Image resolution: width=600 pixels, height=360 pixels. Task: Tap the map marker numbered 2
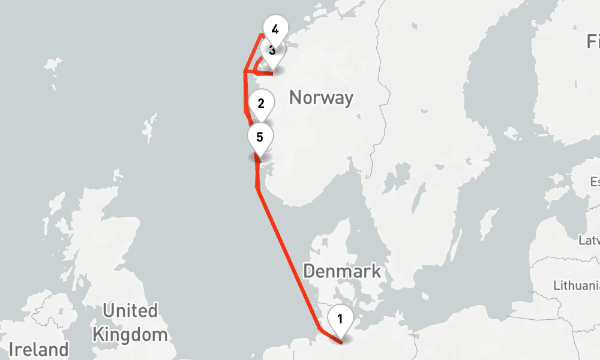(x=261, y=103)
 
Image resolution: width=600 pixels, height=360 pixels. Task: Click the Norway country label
(x=321, y=97)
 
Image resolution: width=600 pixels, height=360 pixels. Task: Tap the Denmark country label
(x=341, y=271)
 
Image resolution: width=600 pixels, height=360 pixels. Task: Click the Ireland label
(x=38, y=349)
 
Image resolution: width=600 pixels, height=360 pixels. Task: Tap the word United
(x=130, y=311)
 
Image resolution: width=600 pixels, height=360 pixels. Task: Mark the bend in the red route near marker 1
(x=320, y=330)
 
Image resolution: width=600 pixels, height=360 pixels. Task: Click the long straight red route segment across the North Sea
(x=288, y=258)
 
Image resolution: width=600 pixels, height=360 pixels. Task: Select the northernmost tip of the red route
(x=260, y=35)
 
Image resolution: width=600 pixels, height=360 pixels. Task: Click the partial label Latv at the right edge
(x=589, y=241)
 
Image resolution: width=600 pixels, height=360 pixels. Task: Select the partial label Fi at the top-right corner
(x=593, y=41)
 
